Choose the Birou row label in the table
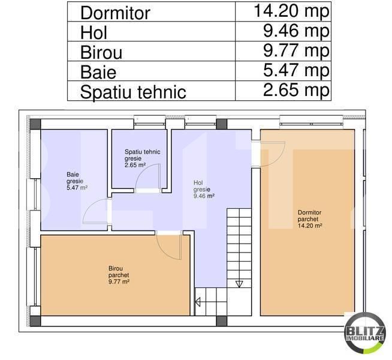(x=101, y=52)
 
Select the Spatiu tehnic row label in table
(x=132, y=92)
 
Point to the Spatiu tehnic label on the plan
(x=142, y=158)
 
